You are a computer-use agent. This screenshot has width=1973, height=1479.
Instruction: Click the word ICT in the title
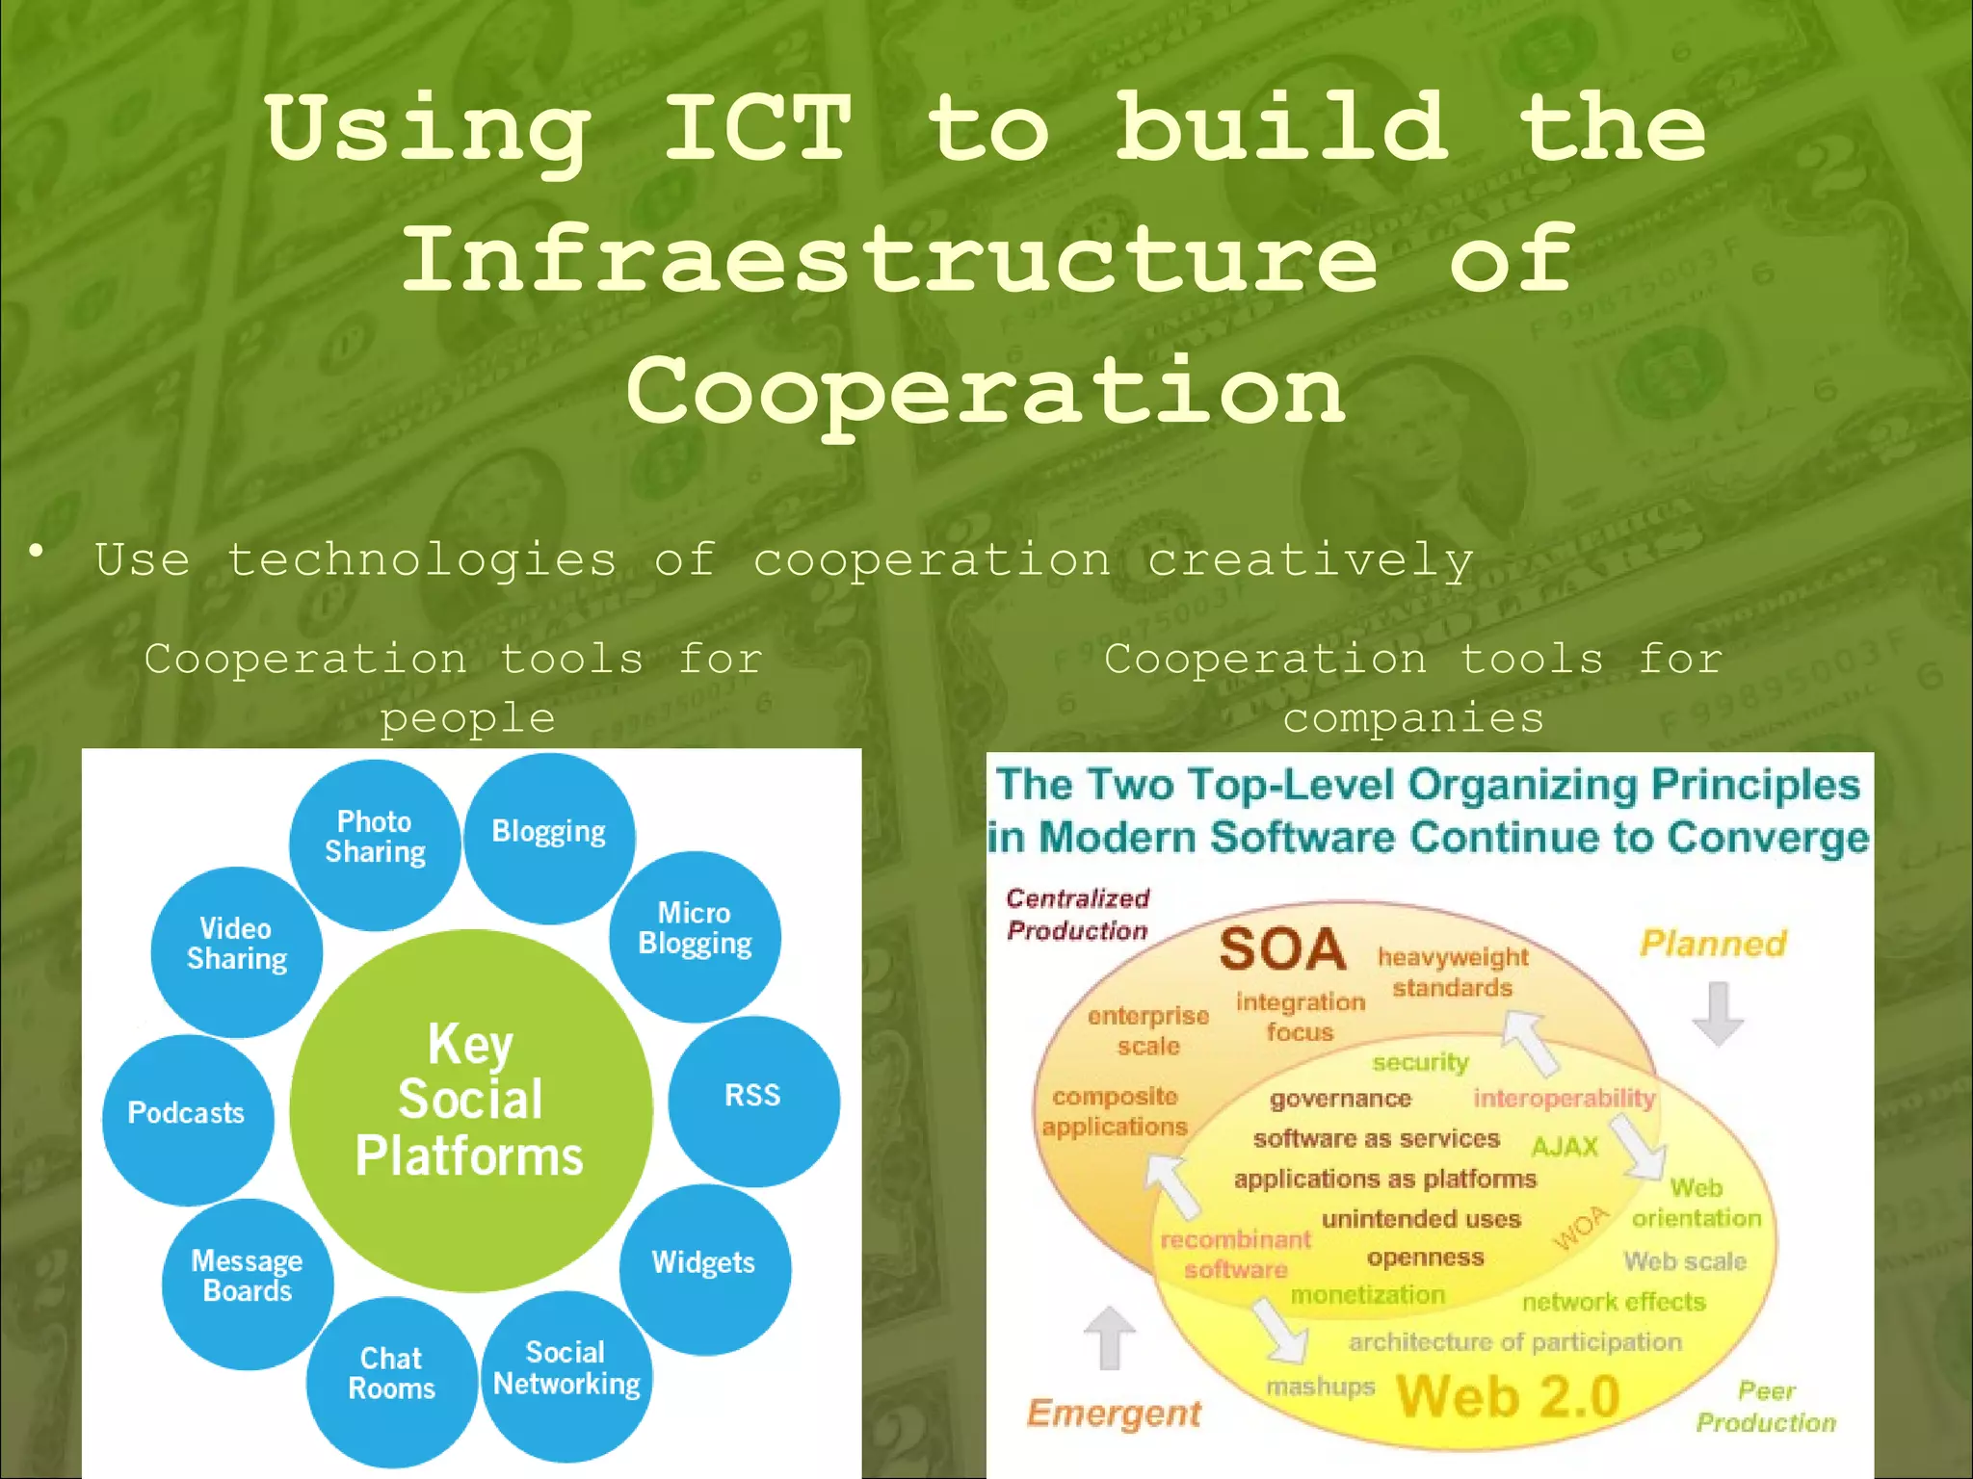(x=757, y=128)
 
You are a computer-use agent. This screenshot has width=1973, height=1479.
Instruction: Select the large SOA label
(x=1282, y=949)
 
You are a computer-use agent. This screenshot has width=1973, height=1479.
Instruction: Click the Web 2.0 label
(x=1508, y=1396)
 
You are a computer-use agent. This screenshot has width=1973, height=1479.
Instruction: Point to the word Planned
(x=1713, y=944)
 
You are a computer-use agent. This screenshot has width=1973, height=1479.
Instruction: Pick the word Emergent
(x=1114, y=1413)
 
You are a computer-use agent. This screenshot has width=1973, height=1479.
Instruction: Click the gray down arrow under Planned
(x=1718, y=1014)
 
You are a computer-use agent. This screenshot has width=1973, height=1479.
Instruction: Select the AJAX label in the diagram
(x=1565, y=1146)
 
